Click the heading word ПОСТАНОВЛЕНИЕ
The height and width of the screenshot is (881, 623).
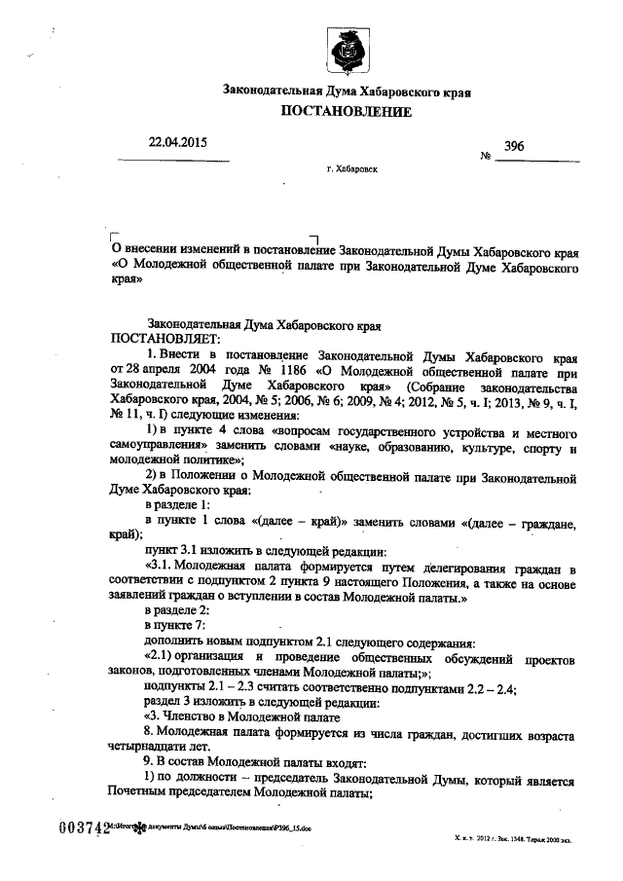click(x=346, y=112)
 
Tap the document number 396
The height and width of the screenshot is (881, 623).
click(x=515, y=145)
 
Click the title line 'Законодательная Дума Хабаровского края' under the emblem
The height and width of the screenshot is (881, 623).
click(x=347, y=91)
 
